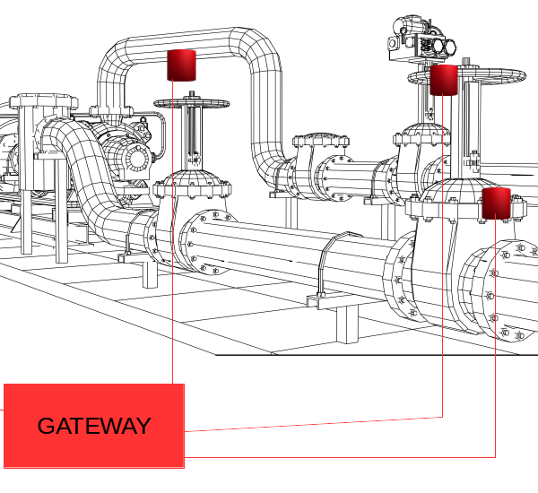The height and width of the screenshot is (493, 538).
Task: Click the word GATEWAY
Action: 94,426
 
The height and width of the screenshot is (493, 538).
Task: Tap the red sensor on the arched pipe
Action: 181,65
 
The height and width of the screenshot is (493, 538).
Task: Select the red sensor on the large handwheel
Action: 444,79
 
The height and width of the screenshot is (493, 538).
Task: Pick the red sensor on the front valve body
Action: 496,203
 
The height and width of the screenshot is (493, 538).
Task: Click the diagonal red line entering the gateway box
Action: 314,424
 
